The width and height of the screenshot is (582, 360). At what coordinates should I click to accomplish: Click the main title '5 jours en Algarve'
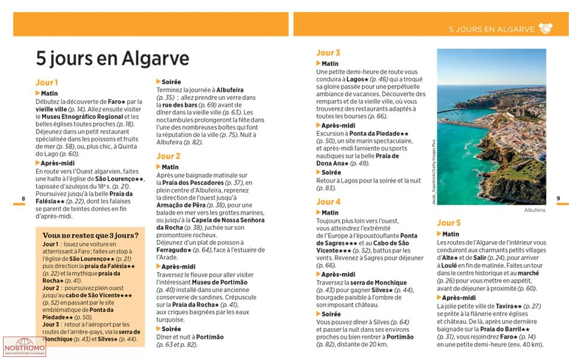tap(112, 58)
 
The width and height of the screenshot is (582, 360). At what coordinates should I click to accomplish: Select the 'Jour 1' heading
tap(47, 83)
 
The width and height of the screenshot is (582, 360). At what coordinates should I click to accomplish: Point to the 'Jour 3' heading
tap(328, 53)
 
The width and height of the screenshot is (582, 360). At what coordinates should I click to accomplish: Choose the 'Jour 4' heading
tap(328, 202)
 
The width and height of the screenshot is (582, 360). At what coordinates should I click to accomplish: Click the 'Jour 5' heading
tap(449, 223)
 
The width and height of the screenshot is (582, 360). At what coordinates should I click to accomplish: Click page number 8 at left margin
tap(23, 199)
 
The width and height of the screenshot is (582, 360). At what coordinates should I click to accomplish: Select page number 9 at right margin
tap(558, 199)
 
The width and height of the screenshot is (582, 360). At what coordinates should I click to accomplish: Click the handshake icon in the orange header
tap(545, 28)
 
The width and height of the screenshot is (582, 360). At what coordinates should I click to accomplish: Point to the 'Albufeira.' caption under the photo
tap(535, 211)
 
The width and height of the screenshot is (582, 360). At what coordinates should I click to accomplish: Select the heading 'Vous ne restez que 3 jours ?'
tap(91, 235)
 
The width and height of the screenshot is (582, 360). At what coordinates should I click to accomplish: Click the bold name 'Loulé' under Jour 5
tap(451, 265)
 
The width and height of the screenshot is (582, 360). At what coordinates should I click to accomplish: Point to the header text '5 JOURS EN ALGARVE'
tap(491, 29)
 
